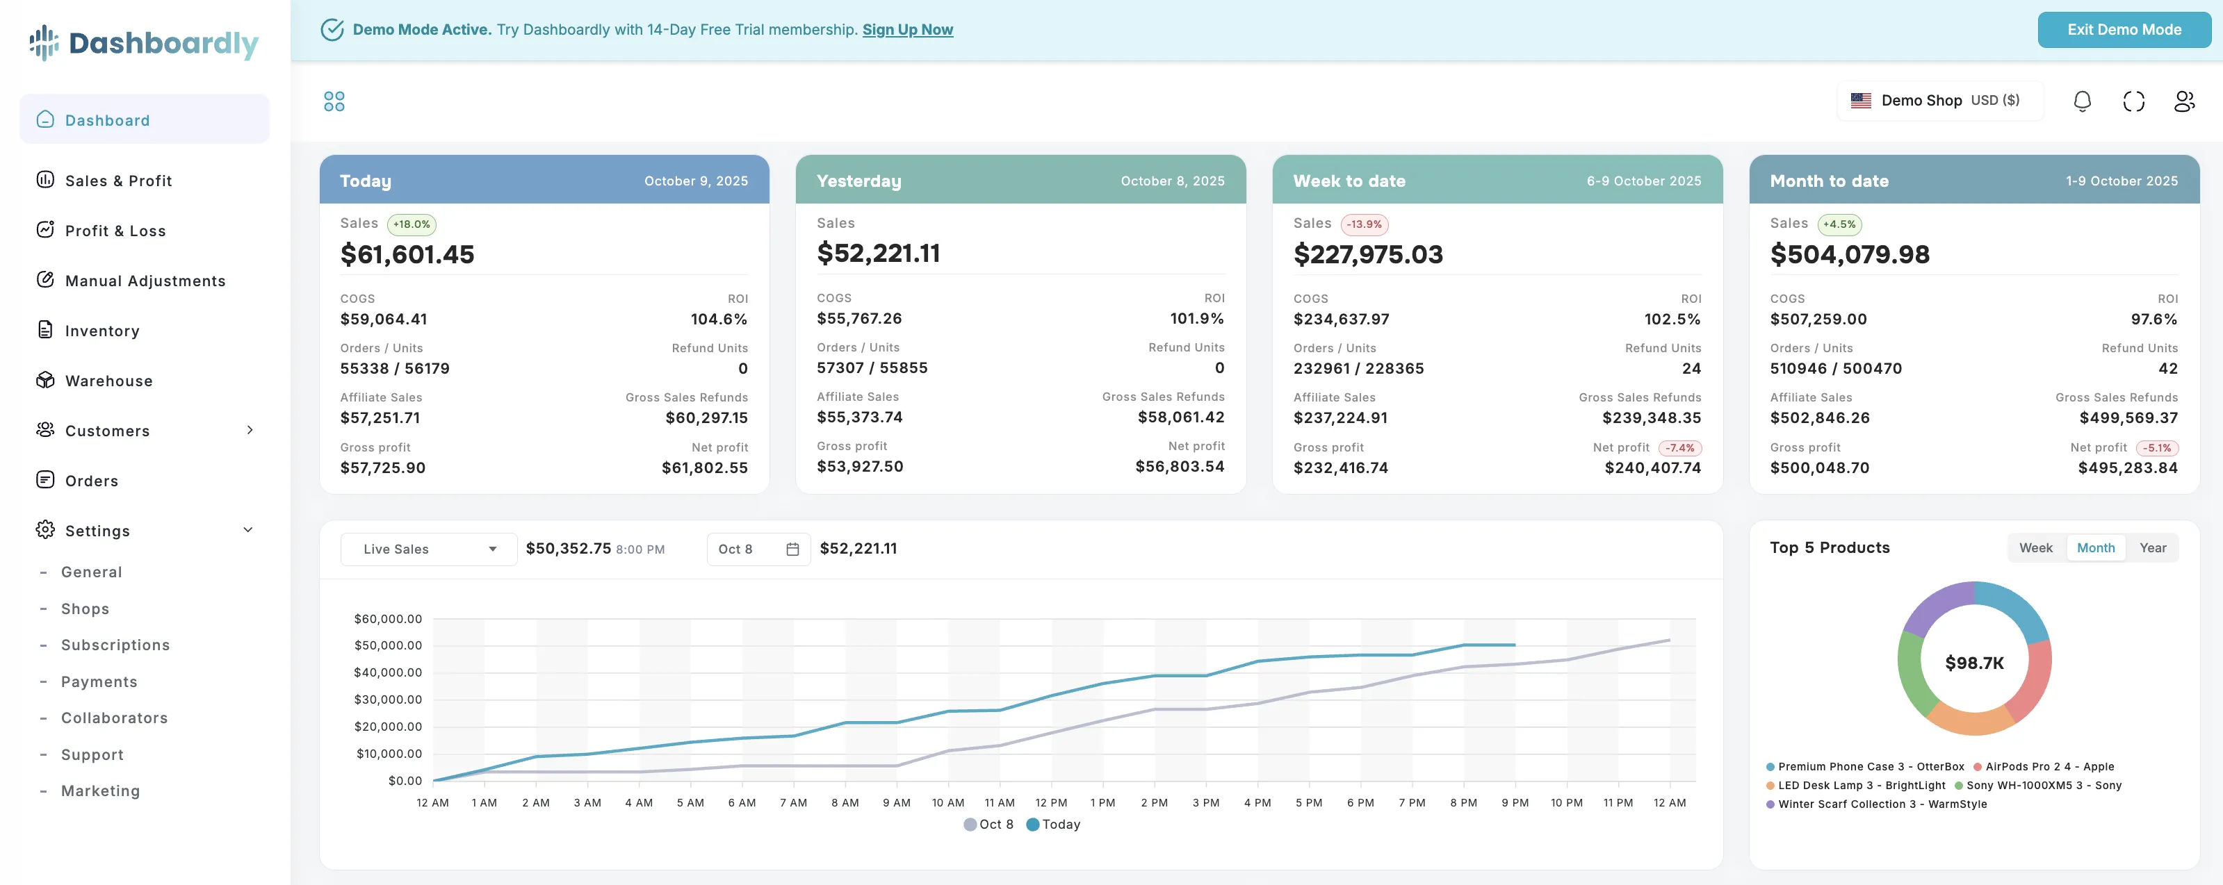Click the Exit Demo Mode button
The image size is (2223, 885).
pyautogui.click(x=2123, y=29)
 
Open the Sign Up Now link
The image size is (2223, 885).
pyautogui.click(x=907, y=29)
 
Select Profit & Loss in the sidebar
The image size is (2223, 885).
pyautogui.click(x=115, y=231)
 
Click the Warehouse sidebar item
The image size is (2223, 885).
pyautogui.click(x=108, y=381)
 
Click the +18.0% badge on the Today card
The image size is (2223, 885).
pyautogui.click(x=411, y=224)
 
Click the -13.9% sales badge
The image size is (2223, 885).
pyautogui.click(x=1364, y=224)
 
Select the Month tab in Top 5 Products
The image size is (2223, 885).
pyautogui.click(x=2094, y=547)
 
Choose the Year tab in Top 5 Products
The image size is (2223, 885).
pyautogui.click(x=2152, y=547)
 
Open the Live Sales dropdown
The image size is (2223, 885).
pyautogui.click(x=429, y=549)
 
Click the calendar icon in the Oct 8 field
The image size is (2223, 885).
pyautogui.click(x=792, y=549)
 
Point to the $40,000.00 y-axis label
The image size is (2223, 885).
pyautogui.click(x=387, y=672)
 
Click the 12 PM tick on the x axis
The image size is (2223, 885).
pyautogui.click(x=1050, y=802)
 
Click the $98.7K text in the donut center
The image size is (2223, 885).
pyautogui.click(x=1973, y=663)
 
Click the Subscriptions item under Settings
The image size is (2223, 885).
pyautogui.click(x=115, y=645)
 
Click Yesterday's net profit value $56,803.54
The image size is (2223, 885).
pyautogui.click(x=1179, y=467)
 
